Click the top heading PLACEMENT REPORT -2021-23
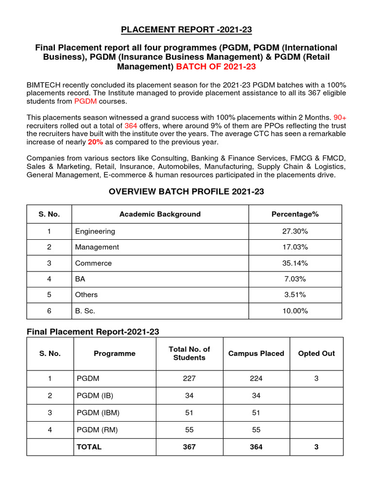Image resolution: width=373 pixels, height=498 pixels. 186,30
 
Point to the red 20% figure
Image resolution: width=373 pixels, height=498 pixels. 95,142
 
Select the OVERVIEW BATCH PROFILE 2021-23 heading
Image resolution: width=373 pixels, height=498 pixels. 186,191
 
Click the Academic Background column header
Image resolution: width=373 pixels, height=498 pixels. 160,214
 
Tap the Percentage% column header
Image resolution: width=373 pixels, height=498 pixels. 295,214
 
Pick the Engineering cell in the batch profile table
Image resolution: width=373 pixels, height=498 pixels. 95,231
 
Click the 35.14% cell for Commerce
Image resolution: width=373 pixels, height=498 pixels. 295,263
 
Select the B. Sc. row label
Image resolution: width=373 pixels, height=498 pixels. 86,311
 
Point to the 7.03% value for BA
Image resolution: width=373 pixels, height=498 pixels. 295,279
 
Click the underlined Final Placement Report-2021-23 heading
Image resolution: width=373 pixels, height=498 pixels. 93,331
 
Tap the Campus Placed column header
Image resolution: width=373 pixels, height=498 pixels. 256,354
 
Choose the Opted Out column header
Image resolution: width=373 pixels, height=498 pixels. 316,354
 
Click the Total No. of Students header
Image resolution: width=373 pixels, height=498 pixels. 189,354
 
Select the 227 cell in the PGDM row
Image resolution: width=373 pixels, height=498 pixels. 189,378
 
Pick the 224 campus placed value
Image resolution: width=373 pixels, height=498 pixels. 256,378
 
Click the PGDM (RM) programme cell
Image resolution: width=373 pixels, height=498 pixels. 97,429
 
